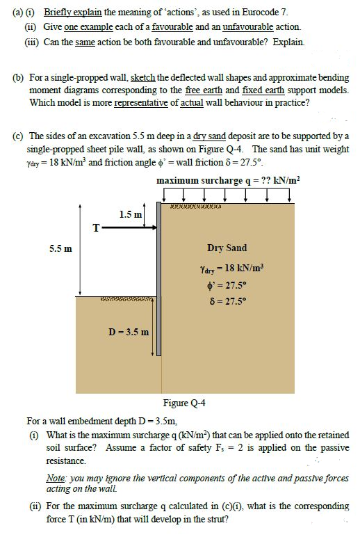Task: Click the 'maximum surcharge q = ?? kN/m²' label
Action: tap(229, 181)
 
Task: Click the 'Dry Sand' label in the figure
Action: tap(227, 248)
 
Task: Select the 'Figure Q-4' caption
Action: tap(184, 403)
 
